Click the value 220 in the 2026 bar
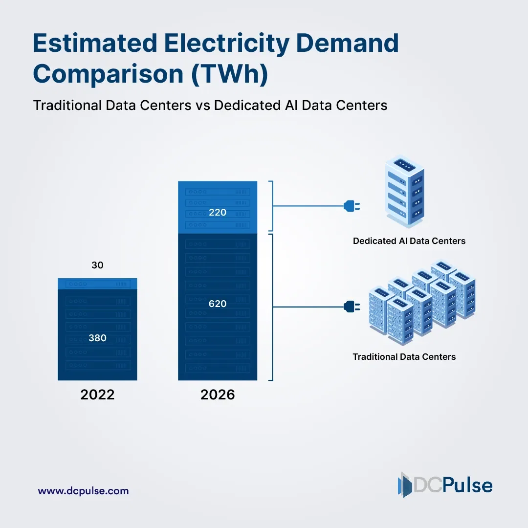(x=218, y=213)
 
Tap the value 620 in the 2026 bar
(x=218, y=304)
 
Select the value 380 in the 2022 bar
(x=97, y=338)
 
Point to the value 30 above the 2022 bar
(x=97, y=265)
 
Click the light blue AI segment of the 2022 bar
(x=97, y=284)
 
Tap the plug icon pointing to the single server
(x=352, y=206)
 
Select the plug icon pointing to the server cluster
(x=352, y=307)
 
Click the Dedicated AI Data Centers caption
(x=409, y=241)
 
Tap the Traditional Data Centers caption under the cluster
(x=404, y=357)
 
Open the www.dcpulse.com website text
(x=83, y=491)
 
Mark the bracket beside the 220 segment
(x=271, y=206)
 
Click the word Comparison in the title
(x=108, y=75)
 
